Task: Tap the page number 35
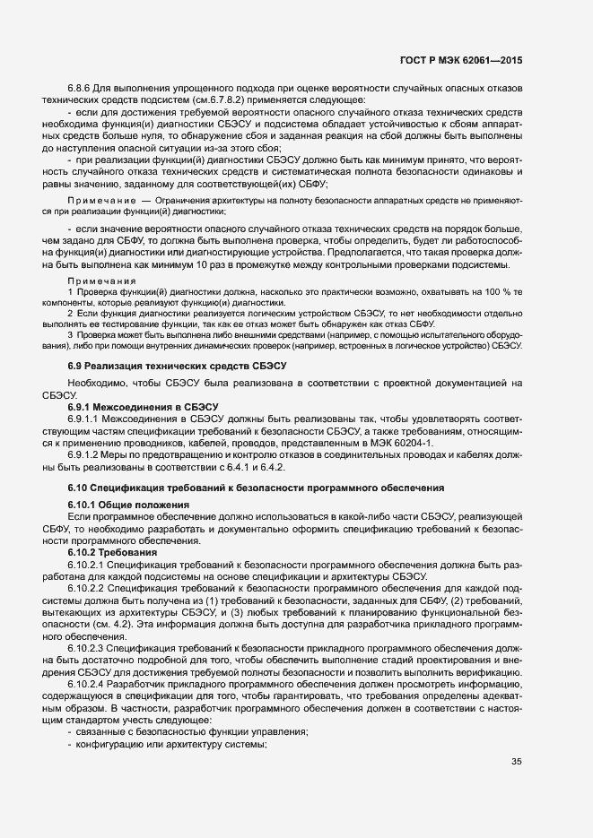516,763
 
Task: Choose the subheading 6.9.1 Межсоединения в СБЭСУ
132,406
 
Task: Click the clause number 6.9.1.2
87,455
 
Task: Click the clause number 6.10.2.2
87,587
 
